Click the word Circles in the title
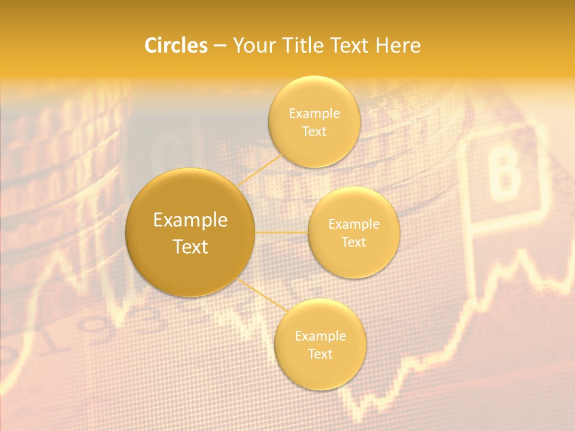pos(175,45)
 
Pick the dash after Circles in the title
pos(219,46)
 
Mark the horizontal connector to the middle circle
pos(281,232)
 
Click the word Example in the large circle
pos(190,220)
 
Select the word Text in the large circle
pos(190,247)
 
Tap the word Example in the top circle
pos(314,114)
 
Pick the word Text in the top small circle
pos(314,131)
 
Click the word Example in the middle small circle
pos(354,224)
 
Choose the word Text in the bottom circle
pos(320,354)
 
